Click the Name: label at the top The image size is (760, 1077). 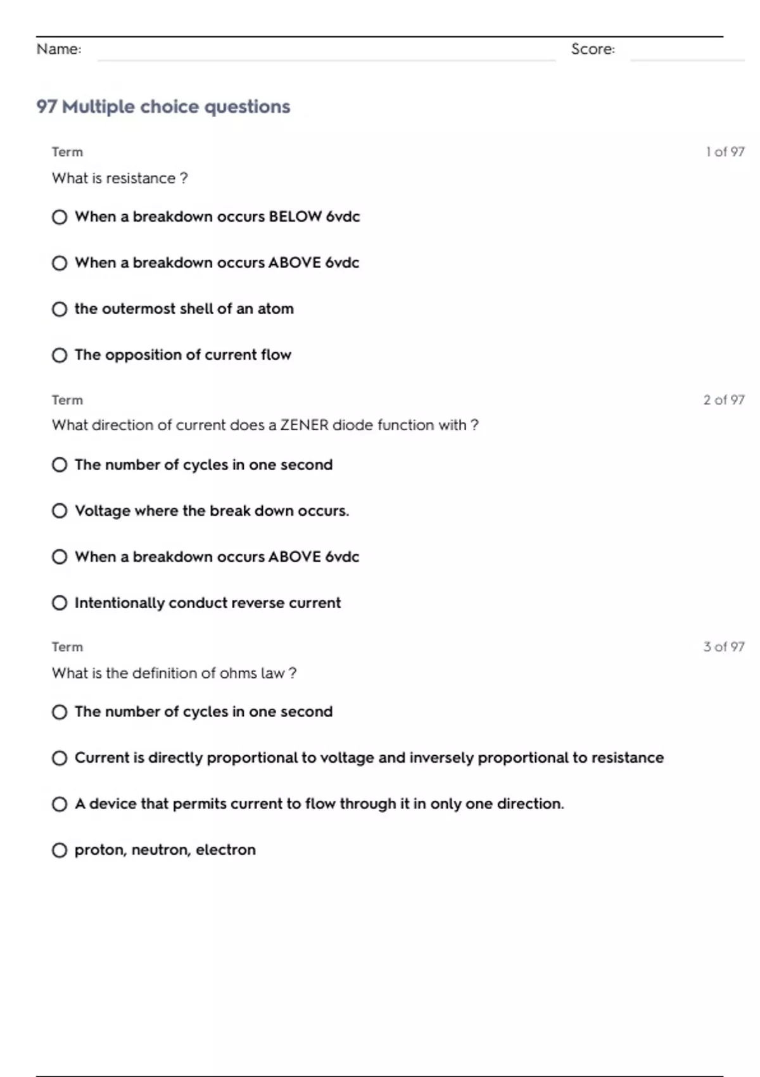59,49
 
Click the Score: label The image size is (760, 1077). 593,49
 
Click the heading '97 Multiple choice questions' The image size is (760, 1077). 163,106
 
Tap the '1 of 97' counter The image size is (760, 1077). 725,152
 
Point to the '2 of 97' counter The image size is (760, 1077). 724,400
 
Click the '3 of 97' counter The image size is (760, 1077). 724,647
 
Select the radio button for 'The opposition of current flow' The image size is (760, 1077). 60,355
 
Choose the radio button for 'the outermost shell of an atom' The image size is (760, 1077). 60,309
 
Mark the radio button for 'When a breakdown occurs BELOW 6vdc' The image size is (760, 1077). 60,217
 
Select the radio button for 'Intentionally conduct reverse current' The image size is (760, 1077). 60,603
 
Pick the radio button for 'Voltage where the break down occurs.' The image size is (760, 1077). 60,511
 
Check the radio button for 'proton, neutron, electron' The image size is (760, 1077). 60,850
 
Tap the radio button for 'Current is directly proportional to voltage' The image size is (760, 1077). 60,758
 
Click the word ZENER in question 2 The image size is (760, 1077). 304,425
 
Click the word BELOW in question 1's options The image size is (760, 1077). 294,217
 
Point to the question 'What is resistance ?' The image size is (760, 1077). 120,178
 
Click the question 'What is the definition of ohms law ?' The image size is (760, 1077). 174,673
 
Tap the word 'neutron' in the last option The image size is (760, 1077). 161,850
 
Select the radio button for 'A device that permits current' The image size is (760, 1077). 60,805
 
